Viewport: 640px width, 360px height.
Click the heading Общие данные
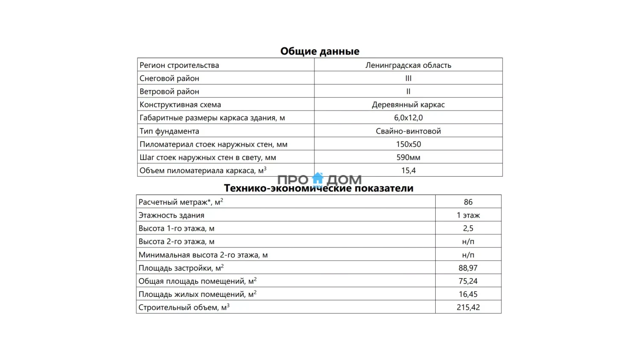coord(320,51)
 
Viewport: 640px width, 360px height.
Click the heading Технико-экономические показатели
coord(319,189)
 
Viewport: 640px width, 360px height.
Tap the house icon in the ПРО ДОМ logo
coord(318,179)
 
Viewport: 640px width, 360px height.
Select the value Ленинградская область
coord(408,65)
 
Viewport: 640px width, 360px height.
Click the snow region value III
coord(408,78)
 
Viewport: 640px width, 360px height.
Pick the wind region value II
coord(408,91)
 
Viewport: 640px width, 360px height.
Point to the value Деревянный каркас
coord(408,105)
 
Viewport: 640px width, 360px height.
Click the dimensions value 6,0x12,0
coord(408,118)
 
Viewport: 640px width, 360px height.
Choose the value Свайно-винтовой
coord(408,131)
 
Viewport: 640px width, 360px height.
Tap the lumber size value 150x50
coord(408,144)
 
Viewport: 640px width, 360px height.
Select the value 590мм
coord(408,157)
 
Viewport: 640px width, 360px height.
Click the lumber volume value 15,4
coord(408,171)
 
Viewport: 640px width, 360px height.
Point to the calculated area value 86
coord(468,202)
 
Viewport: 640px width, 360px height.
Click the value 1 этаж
coord(468,215)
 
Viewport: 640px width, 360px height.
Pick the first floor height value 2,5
coord(468,228)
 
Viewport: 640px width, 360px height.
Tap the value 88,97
coord(468,268)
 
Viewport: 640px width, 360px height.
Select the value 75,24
coord(468,281)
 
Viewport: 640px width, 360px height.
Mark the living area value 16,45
coord(468,294)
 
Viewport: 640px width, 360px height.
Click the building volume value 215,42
coord(468,308)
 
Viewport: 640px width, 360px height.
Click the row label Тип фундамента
coord(169,131)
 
